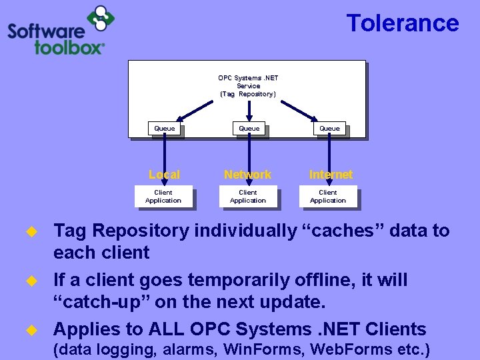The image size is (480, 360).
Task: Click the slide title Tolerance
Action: pos(402,23)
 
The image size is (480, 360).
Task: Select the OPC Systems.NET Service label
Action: pos(248,86)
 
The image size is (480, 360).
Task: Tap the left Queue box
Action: pos(165,128)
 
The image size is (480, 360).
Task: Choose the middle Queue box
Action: pos(249,128)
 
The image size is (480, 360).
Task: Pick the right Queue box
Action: pos(329,128)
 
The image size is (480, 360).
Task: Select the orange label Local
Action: pos(164,175)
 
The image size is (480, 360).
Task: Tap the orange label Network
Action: pos(247,175)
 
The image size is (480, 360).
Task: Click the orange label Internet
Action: pos(331,175)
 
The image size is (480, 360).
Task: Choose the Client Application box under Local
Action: pos(163,197)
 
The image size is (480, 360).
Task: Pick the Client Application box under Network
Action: pos(248,197)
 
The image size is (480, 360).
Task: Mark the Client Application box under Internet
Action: pos(328,197)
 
